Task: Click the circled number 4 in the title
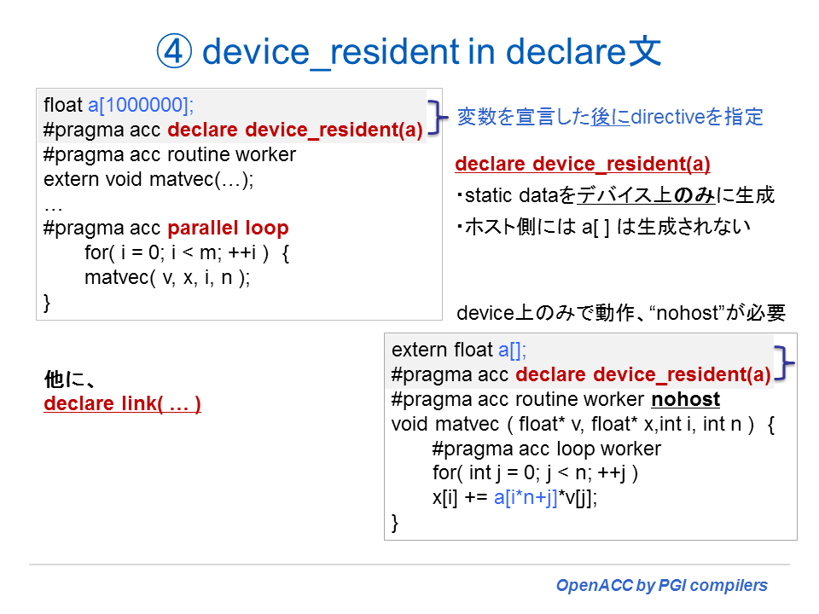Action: [x=176, y=53]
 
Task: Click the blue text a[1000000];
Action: [x=141, y=106]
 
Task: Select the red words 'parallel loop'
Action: [x=228, y=229]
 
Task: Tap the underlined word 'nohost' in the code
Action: [x=685, y=399]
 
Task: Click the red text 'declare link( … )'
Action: [x=122, y=404]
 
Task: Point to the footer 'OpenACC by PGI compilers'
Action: [x=661, y=586]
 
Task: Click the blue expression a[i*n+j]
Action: [x=526, y=499]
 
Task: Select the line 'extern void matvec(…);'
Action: [x=149, y=180]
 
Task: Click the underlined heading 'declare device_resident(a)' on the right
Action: [x=583, y=165]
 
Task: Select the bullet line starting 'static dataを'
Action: [x=615, y=195]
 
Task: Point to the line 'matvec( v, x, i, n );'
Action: [x=167, y=278]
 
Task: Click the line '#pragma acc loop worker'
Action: [x=546, y=449]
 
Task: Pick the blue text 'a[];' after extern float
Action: [x=513, y=350]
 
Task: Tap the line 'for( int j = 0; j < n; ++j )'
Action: [x=536, y=473]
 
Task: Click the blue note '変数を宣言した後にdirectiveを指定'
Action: [x=610, y=117]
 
